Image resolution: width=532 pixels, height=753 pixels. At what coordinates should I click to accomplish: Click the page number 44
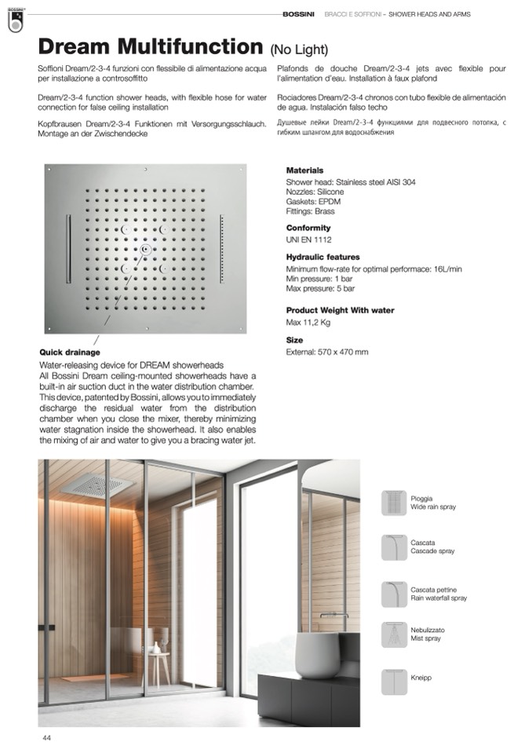47,738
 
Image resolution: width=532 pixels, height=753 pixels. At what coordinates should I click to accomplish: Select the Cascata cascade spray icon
394,547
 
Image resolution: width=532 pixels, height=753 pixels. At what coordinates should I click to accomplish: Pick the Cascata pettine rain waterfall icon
394,594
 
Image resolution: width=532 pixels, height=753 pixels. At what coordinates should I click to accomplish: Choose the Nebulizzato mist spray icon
394,634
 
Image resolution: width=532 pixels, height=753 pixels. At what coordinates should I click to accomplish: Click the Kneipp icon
394,681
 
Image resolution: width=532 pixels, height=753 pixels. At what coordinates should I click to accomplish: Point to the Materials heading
304,170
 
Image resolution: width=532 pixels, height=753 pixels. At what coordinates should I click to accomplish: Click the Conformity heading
308,228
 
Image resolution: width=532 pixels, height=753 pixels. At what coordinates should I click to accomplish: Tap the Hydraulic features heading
322,257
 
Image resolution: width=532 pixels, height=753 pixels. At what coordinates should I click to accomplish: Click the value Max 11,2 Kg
308,323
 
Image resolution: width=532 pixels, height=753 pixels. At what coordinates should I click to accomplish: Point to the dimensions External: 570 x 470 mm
327,352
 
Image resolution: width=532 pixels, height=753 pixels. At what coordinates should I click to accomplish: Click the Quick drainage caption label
69,353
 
